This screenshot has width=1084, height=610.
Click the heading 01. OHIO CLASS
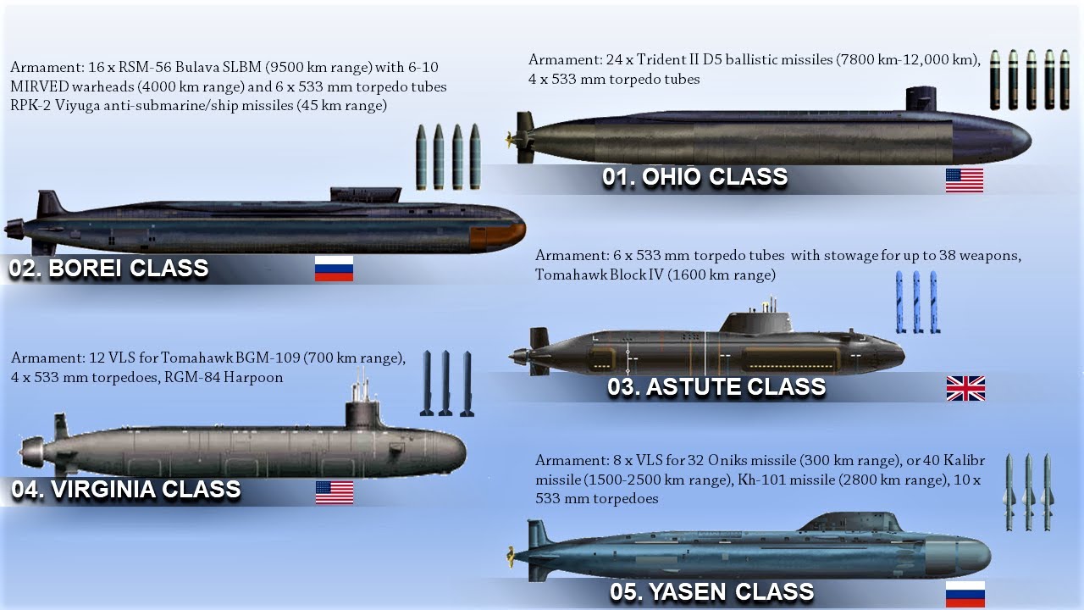pyautogui.click(x=694, y=178)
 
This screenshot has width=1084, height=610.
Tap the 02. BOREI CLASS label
pyautogui.click(x=108, y=269)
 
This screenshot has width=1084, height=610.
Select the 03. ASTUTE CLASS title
pyautogui.click(x=716, y=387)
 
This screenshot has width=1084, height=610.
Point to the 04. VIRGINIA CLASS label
pyautogui.click(x=125, y=490)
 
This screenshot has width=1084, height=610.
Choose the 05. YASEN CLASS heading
pyautogui.click(x=711, y=591)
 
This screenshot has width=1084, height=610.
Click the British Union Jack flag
pyautogui.click(x=965, y=389)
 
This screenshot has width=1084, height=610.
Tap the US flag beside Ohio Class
pyautogui.click(x=965, y=180)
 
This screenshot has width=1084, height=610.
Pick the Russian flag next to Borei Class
pyautogui.click(x=334, y=269)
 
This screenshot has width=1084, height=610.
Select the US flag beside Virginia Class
pyautogui.click(x=335, y=492)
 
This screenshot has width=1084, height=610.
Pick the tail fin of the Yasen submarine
pyautogui.click(x=535, y=534)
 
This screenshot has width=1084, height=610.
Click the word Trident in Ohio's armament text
pyautogui.click(x=666, y=60)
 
